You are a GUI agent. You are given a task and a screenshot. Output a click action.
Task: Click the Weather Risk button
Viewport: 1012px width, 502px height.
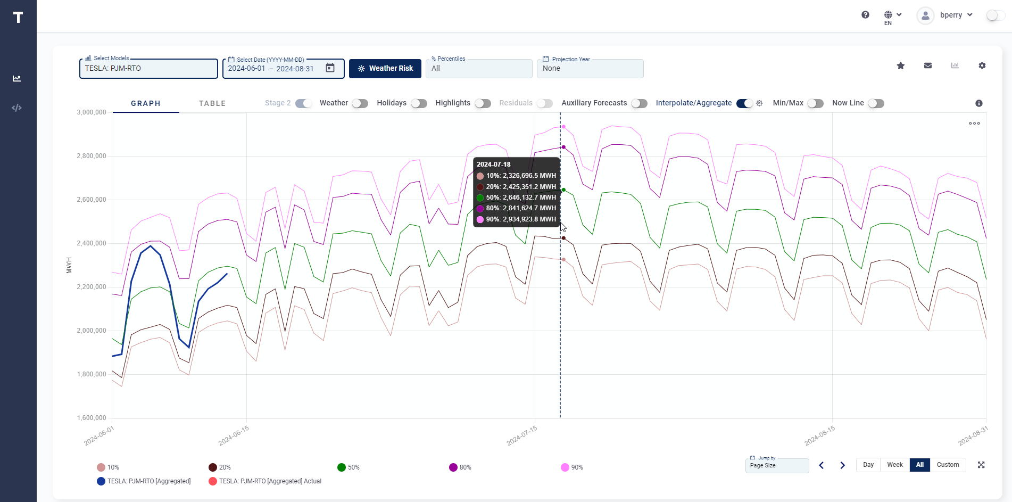point(385,69)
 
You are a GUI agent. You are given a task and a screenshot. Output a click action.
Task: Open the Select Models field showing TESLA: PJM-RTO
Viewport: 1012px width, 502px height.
point(148,69)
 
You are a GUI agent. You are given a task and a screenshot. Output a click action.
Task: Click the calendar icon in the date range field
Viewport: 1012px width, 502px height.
point(330,68)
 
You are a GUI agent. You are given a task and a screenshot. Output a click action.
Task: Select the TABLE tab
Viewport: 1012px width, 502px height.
point(212,103)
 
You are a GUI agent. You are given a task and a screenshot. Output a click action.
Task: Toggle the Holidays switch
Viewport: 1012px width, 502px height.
point(419,103)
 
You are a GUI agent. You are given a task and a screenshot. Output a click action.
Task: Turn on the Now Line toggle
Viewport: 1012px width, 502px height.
point(876,103)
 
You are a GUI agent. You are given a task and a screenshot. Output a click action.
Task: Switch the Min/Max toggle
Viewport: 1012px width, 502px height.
point(815,103)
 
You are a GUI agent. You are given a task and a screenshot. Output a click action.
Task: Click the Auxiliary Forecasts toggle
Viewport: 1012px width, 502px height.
point(639,103)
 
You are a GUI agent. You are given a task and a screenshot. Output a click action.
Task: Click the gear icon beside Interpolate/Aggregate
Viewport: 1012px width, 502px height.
point(759,103)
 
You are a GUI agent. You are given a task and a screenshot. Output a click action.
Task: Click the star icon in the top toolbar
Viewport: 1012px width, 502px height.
point(900,65)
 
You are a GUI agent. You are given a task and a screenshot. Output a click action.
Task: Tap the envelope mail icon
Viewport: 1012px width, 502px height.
point(927,65)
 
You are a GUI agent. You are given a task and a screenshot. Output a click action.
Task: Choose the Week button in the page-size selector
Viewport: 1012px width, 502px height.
point(894,465)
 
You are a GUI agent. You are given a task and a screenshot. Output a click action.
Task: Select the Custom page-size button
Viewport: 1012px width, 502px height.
point(948,465)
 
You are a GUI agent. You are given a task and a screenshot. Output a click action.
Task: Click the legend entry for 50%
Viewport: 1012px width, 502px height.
point(349,467)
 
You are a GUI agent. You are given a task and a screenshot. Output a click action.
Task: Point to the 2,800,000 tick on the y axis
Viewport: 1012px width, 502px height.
point(92,156)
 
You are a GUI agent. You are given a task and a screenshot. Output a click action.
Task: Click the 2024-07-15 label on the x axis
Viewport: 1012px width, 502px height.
point(522,435)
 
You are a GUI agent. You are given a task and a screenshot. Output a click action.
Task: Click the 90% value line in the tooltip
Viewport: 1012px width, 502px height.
point(516,219)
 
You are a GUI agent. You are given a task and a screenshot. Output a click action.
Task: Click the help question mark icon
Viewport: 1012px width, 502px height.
point(865,15)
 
